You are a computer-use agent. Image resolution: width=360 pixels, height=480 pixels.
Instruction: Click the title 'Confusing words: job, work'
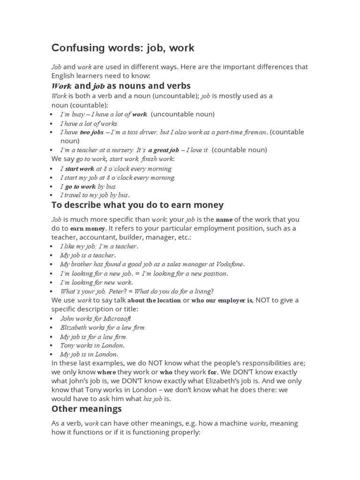pyautogui.click(x=122, y=48)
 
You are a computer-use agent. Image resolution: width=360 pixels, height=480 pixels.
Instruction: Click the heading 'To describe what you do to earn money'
pyautogui.click(x=137, y=205)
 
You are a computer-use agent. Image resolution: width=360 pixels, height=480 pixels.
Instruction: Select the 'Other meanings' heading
pyautogui.click(x=86, y=409)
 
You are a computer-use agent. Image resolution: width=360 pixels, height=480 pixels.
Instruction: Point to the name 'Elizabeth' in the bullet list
pyautogui.click(x=74, y=327)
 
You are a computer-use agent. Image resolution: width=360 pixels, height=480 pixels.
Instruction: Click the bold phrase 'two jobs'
pyautogui.click(x=91, y=132)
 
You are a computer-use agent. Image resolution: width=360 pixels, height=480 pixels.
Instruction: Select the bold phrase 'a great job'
pyautogui.click(x=164, y=150)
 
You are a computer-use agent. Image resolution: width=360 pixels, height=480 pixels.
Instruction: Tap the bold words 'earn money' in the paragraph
pyautogui.click(x=88, y=229)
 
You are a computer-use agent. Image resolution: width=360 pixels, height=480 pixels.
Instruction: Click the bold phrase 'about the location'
pyautogui.click(x=154, y=300)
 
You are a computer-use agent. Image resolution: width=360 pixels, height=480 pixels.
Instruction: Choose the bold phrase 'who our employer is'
pyautogui.click(x=222, y=300)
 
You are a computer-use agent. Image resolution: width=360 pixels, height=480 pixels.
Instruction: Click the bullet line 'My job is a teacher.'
pyautogui.click(x=87, y=255)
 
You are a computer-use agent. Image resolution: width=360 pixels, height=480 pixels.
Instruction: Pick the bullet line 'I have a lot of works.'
pyautogui.click(x=89, y=123)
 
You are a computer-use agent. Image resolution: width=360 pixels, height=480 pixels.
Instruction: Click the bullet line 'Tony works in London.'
pyautogui.click(x=92, y=345)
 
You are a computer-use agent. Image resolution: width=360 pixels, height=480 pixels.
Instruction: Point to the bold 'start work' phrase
pyautogui.click(x=80, y=168)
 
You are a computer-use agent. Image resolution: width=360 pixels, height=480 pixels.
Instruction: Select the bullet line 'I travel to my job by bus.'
pyautogui.click(x=95, y=195)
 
